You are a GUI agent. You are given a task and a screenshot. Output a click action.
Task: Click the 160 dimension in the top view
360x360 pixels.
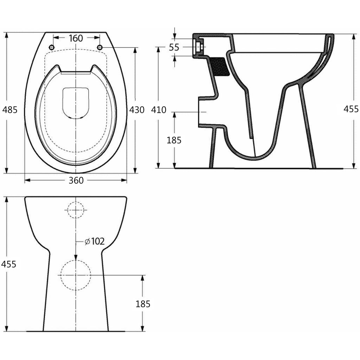point(76,38)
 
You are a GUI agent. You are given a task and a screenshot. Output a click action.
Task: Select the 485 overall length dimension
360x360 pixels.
point(10,110)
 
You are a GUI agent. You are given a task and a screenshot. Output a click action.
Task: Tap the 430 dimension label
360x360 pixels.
point(137,110)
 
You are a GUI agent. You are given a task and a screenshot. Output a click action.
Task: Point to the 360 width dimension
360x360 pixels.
point(76,180)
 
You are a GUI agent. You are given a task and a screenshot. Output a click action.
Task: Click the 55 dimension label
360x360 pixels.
point(174,47)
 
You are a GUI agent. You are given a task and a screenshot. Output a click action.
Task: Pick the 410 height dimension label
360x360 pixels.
point(159,110)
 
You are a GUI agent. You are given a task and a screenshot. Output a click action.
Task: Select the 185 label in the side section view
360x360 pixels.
point(174,140)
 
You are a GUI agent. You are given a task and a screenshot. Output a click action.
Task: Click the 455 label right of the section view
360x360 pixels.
point(351,109)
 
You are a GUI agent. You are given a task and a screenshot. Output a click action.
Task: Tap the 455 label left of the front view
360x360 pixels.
point(9,264)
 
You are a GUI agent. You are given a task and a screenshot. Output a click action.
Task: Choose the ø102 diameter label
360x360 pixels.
point(95,241)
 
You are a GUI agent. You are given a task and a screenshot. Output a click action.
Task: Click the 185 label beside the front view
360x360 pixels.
point(143,304)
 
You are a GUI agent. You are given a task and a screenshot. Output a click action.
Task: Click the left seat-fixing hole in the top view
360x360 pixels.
point(52,47)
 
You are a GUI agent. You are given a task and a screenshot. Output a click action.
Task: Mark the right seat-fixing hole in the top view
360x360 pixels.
point(99,47)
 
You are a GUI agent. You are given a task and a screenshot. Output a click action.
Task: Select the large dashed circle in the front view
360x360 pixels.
point(76,275)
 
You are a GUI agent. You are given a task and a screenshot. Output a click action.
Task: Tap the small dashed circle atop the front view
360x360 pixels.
point(76,210)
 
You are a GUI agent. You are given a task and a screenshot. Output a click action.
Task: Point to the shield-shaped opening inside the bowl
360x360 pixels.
point(75,102)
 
